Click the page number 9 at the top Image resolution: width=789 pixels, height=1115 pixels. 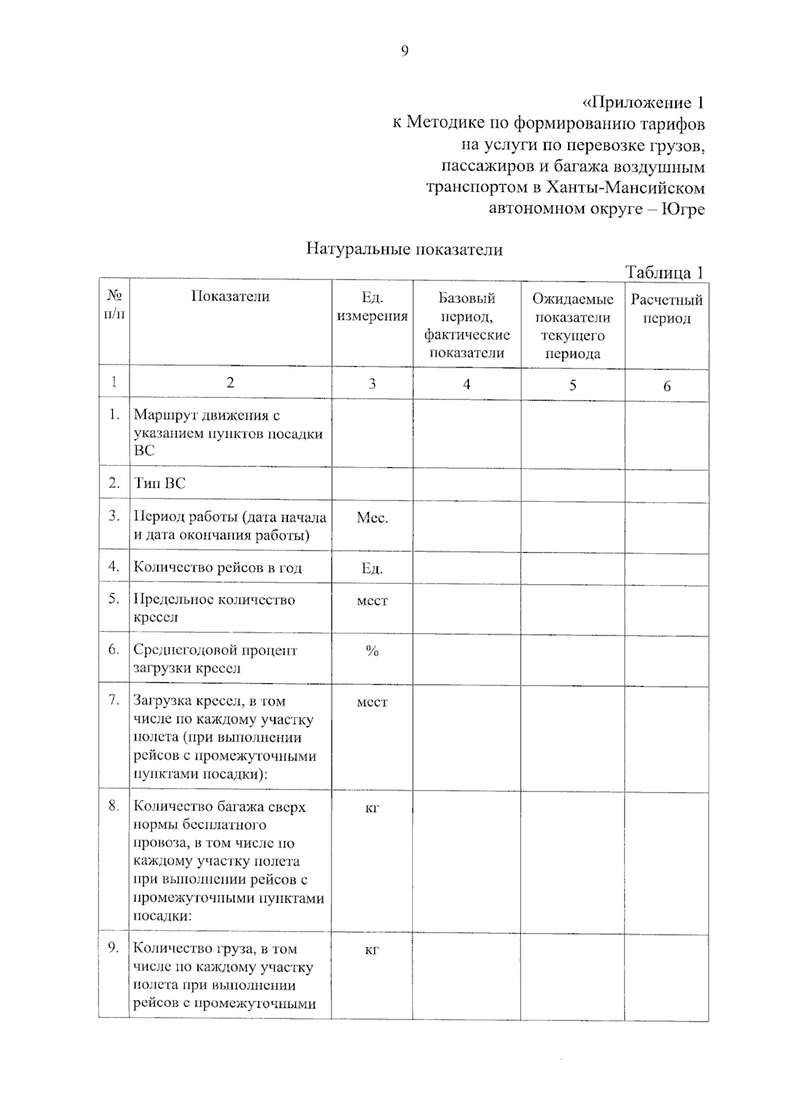404,51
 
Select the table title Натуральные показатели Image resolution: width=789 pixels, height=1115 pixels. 404,249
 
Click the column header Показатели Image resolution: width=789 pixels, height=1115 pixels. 230,296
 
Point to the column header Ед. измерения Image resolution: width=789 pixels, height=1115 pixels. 372,307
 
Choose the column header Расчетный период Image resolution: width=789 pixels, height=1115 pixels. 667,309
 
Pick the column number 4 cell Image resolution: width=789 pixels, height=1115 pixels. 467,384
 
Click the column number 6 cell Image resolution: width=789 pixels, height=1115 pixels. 667,386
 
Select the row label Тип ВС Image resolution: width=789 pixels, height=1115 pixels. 160,483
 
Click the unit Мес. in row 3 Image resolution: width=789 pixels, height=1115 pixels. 372,518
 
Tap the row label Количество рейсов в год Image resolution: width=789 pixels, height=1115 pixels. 218,568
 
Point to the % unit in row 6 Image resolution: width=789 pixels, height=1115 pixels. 372,651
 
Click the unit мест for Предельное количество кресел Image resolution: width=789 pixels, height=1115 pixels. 372,601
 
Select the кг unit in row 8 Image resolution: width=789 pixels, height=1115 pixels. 372,808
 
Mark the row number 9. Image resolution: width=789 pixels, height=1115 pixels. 114,947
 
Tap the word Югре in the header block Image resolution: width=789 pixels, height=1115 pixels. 682,209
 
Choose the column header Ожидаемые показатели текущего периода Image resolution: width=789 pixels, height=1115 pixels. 573,326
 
